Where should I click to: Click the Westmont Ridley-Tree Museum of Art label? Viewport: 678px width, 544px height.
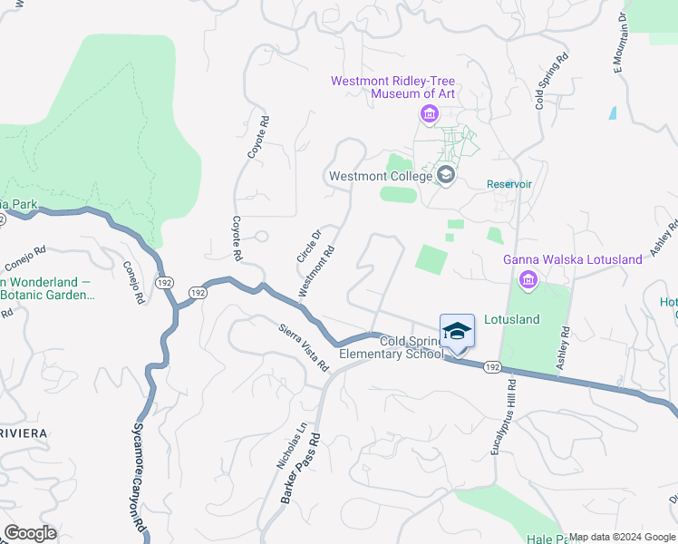point(392,87)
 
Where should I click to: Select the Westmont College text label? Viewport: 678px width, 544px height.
point(380,176)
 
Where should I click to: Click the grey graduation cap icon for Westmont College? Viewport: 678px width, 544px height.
point(445,173)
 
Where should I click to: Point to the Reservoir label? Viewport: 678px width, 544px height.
point(508,184)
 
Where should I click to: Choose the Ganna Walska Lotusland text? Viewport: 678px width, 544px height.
point(573,259)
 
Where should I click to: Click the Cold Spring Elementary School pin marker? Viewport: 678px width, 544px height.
point(457,334)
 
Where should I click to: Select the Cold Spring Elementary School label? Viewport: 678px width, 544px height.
point(392,348)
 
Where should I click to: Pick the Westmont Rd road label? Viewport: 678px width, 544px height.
point(317,270)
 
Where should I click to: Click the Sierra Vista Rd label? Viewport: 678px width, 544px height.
point(303,346)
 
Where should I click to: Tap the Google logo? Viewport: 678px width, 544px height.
point(30,533)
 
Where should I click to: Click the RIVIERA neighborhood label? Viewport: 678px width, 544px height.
point(24,433)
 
